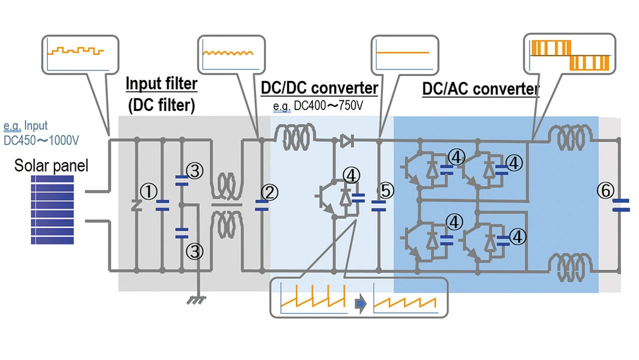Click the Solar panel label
(x=51, y=165)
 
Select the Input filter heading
(x=161, y=84)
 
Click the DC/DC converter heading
(x=319, y=88)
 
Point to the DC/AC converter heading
(x=481, y=89)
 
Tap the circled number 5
(x=385, y=191)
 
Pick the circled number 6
(x=605, y=191)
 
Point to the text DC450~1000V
(x=41, y=140)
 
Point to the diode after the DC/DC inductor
(x=345, y=141)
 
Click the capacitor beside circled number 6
(x=621, y=205)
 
